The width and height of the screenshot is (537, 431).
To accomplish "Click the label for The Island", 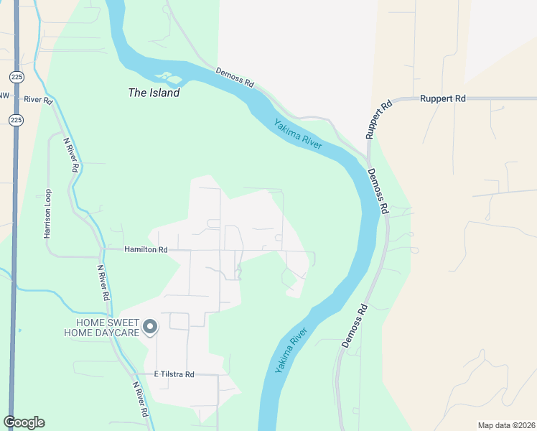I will tap(153, 93).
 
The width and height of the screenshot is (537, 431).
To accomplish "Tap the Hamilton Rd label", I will tap(146, 250).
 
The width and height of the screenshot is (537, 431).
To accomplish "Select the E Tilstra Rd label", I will tap(174, 374).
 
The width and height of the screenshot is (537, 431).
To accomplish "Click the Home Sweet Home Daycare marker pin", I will tap(150, 328).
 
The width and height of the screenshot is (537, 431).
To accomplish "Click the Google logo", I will tap(24, 422).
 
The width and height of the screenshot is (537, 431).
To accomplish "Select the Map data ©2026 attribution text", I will tap(506, 425).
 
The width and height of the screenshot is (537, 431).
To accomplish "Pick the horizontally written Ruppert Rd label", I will tap(443, 98).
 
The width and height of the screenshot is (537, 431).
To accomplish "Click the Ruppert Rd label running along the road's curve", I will tap(378, 119).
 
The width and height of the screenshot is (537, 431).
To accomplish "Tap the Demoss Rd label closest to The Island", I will tap(235, 78).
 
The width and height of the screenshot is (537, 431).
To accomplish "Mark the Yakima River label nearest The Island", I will tap(297, 134).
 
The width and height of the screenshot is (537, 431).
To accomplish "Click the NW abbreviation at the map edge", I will tap(4, 96).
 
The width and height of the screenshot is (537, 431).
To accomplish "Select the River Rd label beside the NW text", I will tap(39, 99).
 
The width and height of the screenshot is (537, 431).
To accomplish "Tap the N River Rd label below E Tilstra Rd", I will tap(140, 399).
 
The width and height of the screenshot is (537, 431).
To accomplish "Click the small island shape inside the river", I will tap(164, 76).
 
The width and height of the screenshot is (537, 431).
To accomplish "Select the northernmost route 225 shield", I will tap(15, 76).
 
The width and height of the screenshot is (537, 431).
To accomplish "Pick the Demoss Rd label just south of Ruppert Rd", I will tap(378, 192).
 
